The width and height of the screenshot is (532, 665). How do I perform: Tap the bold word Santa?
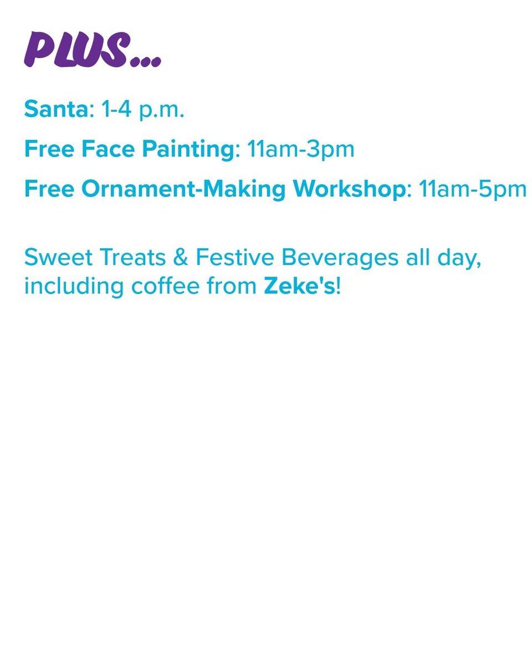[x=56, y=110]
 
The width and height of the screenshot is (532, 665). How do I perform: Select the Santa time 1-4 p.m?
[x=142, y=111]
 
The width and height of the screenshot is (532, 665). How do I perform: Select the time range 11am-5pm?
[x=473, y=190]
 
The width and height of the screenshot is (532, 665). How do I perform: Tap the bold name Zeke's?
[x=299, y=287]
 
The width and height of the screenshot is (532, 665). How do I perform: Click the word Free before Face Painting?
[x=49, y=150]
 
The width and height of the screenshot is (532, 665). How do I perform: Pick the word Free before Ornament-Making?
[x=49, y=190]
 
